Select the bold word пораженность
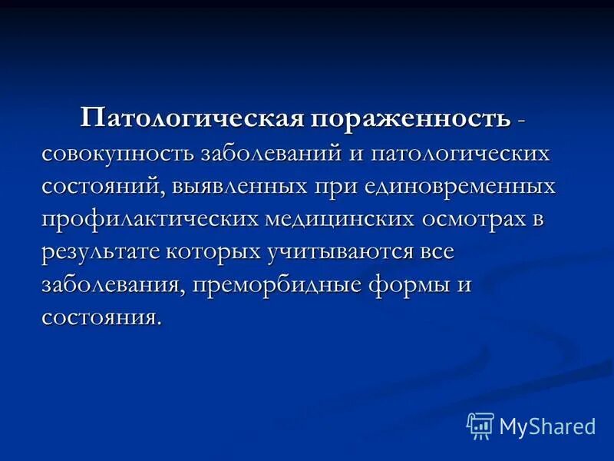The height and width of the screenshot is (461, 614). (411, 119)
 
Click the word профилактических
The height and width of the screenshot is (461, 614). (150, 220)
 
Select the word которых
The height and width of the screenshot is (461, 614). (223, 252)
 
